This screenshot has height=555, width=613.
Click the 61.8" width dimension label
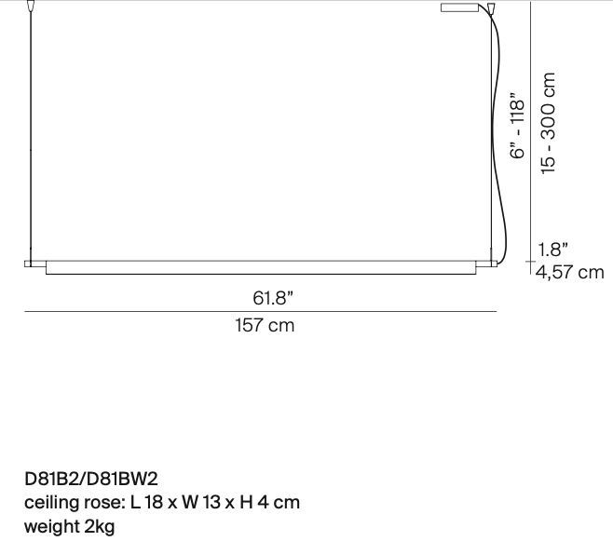pyautogui.click(x=272, y=298)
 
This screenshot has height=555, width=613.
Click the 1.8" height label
pyautogui.click(x=553, y=250)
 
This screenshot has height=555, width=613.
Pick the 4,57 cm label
pyautogui.click(x=568, y=272)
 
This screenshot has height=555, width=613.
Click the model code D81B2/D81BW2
pyautogui.click(x=91, y=479)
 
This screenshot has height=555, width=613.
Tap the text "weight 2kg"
pyautogui.click(x=69, y=526)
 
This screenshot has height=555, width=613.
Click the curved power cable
pyautogui.click(x=504, y=140)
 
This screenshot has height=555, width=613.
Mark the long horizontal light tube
pyautogui.click(x=261, y=267)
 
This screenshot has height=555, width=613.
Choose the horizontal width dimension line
pyautogui.click(x=261, y=312)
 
